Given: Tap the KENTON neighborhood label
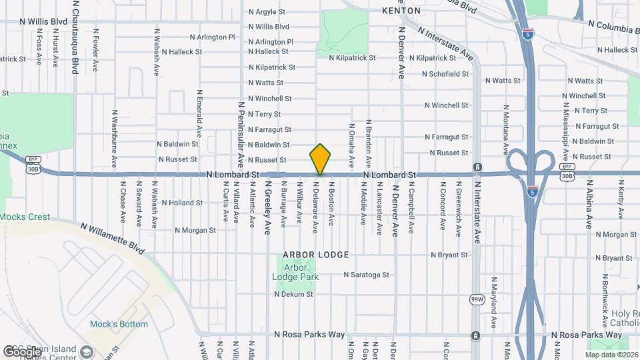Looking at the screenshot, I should [401, 11].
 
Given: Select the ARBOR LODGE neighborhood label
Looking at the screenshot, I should [307, 255].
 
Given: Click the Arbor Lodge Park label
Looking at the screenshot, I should [297, 272].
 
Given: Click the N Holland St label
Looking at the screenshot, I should [181, 203].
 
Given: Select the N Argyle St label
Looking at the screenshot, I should [266, 12].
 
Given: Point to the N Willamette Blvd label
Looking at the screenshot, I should [112, 237].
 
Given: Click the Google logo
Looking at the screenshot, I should [22, 351].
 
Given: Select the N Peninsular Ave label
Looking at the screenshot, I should [241, 133].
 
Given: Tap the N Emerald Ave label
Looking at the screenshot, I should [199, 113].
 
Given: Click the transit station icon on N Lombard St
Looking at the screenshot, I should [477, 166].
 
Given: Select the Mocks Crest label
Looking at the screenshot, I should [25, 217].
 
